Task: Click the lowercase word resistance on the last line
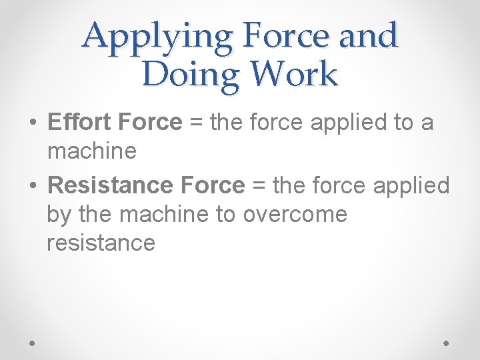pos(101,243)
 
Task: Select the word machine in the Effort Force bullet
pos(92,151)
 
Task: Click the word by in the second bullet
pos(58,215)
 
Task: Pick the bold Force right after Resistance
pos(215,185)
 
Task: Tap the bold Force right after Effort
pos(150,123)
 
